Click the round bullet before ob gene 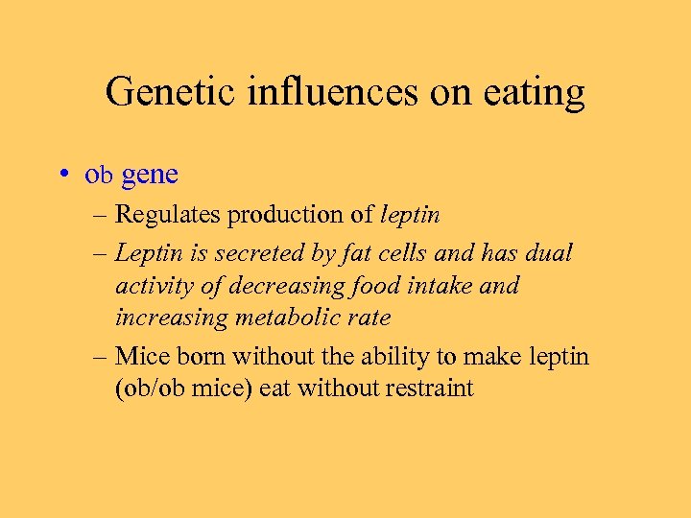61,175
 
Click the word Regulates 168,216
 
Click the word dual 549,253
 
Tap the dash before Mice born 99,357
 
